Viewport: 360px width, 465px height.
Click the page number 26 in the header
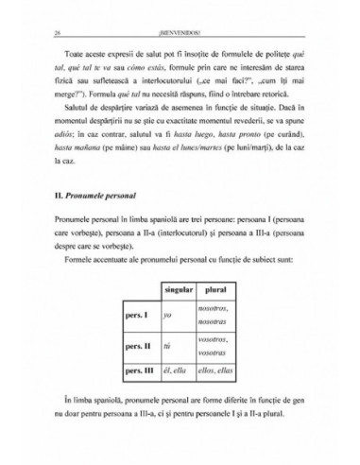click(58, 33)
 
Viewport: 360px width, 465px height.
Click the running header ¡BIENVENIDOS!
click(180, 33)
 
